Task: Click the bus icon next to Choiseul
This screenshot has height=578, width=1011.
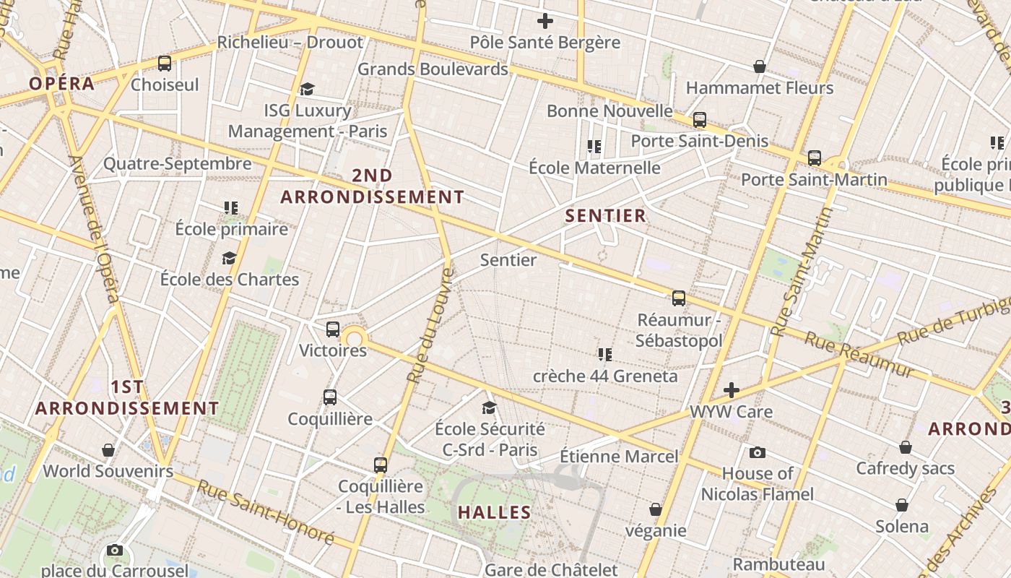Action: tap(165, 64)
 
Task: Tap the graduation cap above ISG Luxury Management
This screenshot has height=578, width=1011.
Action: tap(307, 90)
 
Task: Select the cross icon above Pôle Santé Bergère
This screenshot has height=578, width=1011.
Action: tap(545, 21)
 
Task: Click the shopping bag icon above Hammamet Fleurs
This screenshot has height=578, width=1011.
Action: tap(760, 67)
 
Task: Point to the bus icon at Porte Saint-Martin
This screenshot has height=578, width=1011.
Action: tap(815, 158)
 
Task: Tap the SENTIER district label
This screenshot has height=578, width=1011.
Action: tap(605, 215)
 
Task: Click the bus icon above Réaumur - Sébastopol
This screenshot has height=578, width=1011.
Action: tap(679, 298)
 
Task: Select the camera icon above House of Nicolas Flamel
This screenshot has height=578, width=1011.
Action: tap(757, 453)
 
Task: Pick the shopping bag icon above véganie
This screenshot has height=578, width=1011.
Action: tap(655, 510)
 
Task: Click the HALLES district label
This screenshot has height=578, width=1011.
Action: tap(495, 513)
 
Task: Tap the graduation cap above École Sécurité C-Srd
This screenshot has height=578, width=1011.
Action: tap(489, 408)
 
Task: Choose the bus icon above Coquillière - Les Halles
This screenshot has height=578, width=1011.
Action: tap(381, 465)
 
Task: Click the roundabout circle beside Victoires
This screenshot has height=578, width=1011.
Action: tap(354, 337)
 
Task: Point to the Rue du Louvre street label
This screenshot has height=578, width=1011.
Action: tap(430, 325)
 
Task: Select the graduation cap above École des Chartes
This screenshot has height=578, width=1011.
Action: tap(229, 259)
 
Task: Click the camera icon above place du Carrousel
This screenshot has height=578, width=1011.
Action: tap(114, 551)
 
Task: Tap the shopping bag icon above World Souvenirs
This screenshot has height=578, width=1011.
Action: tap(108, 451)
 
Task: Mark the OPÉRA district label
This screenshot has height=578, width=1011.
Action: tap(62, 83)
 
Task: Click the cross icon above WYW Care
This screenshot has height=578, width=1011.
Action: tap(732, 391)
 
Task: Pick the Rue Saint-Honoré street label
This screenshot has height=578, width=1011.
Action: tap(266, 513)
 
